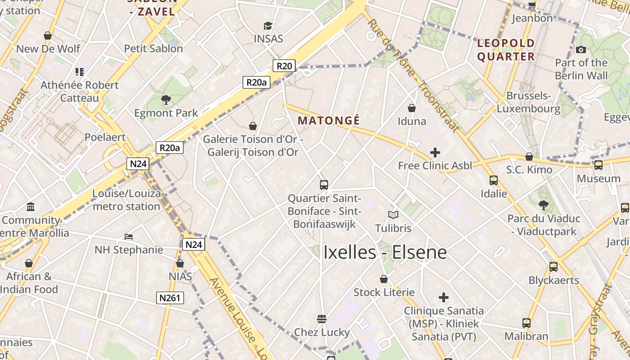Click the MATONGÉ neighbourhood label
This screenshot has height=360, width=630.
point(328,121)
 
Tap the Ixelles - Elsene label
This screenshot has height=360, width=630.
point(385,252)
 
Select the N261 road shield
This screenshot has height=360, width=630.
point(171,297)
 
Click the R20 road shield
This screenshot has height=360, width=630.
point(284,66)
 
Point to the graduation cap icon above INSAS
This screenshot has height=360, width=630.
point(268,26)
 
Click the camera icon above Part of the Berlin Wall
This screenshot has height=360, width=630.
point(581,49)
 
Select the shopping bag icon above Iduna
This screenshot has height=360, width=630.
point(412,108)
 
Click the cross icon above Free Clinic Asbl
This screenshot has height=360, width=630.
point(435,153)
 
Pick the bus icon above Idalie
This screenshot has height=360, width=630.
point(494,180)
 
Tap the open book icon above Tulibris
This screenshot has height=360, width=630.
point(393,215)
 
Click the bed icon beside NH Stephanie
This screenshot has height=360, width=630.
point(129,236)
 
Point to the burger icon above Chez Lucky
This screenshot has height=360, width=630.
point(322,319)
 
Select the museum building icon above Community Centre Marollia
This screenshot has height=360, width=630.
point(31,207)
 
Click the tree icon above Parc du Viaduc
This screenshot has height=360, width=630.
point(544,205)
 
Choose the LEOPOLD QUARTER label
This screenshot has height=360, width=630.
point(506,50)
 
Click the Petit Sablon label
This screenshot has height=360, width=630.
point(153,49)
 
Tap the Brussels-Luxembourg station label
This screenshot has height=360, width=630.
point(529,102)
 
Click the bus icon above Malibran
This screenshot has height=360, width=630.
point(526,323)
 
